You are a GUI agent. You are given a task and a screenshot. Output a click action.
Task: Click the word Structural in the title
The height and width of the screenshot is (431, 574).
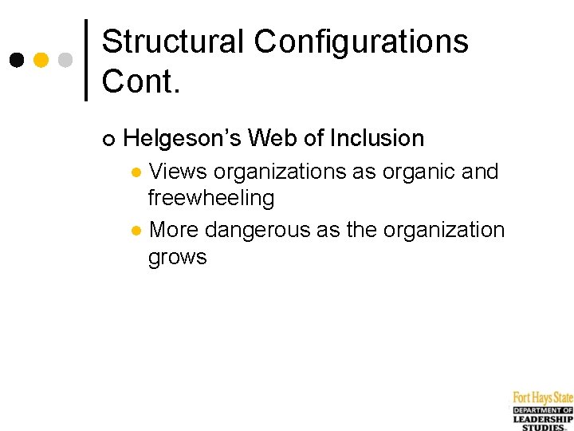(171, 42)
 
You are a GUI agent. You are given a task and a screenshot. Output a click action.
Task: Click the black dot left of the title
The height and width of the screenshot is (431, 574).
(17, 60)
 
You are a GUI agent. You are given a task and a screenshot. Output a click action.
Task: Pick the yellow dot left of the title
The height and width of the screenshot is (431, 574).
(41, 60)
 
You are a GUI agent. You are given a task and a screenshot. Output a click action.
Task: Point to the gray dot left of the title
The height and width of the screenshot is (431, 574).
(66, 60)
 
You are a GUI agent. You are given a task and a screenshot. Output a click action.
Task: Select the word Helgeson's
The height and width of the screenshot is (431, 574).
(182, 139)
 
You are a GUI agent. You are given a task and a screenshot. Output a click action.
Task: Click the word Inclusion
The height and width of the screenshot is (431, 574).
(377, 139)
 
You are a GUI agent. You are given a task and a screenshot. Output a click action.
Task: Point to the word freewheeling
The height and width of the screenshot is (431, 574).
(211, 198)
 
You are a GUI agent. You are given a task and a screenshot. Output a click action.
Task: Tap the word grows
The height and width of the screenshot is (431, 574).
(177, 257)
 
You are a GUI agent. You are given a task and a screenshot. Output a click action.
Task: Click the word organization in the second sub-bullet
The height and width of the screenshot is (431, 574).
(444, 231)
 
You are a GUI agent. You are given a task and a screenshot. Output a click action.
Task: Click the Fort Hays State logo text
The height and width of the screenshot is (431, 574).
(543, 397)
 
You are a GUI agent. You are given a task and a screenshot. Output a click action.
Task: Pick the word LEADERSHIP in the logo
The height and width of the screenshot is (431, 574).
(543, 419)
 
